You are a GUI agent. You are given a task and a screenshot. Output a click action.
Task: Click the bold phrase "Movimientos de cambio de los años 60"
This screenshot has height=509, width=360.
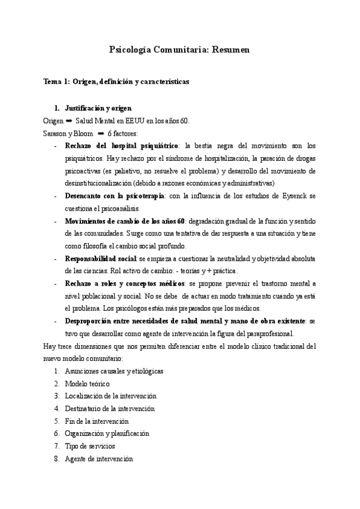pyautogui.click(x=125, y=221)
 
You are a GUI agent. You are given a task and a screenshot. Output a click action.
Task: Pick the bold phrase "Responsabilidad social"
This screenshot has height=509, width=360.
pyautogui.click(x=101, y=259)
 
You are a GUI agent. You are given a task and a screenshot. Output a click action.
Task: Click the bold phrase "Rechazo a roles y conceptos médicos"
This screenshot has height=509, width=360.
pyautogui.click(x=116, y=285)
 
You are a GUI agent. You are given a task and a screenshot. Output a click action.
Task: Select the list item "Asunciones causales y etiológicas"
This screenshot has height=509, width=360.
pyautogui.click(x=114, y=371)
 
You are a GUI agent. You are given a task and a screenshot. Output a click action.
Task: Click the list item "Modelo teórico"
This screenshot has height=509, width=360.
pyautogui.click(x=87, y=384)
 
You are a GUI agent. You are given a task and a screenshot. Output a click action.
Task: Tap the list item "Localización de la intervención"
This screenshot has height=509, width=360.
pyautogui.click(x=110, y=396)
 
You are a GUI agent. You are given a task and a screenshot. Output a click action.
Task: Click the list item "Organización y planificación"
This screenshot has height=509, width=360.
pyautogui.click(x=107, y=434)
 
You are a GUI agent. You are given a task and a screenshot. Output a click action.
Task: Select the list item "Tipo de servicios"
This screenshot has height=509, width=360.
pyautogui.click(x=89, y=447)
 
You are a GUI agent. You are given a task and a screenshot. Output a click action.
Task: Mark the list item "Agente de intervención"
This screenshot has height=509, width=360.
pyautogui.click(x=98, y=459)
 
